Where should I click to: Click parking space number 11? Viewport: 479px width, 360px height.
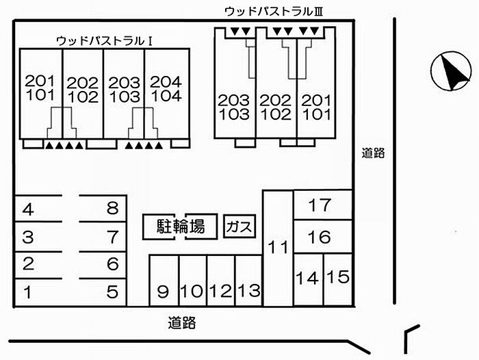(x=278, y=248)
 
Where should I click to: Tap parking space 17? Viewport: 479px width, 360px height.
(x=322, y=205)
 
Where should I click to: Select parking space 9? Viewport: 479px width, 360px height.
(x=164, y=281)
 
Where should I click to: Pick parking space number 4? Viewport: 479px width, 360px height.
(x=39, y=209)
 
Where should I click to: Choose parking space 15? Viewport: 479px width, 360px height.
(x=337, y=279)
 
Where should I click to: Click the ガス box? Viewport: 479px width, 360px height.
(x=239, y=227)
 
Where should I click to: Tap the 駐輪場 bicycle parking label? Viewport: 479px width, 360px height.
(x=180, y=227)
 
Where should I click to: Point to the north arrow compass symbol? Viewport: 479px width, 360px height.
(x=451, y=71)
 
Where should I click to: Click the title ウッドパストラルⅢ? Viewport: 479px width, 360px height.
(x=274, y=12)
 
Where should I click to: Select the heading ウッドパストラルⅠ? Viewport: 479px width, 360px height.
(x=105, y=41)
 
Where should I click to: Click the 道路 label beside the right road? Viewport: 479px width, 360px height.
(x=373, y=153)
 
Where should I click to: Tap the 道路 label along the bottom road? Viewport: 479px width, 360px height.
(x=182, y=323)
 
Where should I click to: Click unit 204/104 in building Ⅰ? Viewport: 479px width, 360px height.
(x=166, y=93)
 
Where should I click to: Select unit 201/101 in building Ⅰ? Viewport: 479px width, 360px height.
(x=41, y=93)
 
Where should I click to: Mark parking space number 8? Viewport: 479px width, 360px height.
(x=103, y=209)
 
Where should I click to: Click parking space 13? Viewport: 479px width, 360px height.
(x=249, y=281)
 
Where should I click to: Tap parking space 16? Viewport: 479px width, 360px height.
(x=322, y=237)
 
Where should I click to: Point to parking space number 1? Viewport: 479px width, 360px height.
(x=39, y=292)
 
